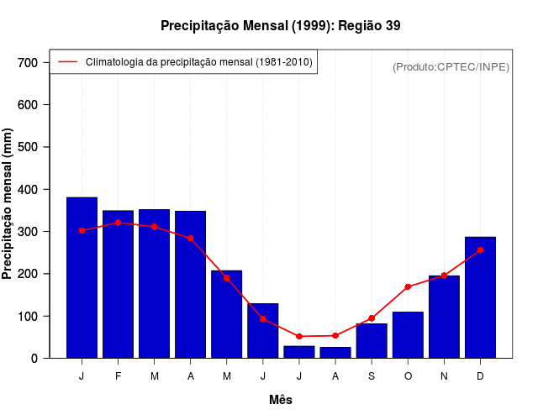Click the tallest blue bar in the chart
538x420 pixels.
click(x=82, y=277)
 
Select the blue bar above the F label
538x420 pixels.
click(x=118, y=284)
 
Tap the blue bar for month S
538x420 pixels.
click(x=372, y=341)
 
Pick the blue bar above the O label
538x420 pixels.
click(x=408, y=335)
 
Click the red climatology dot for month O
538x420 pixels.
click(x=408, y=287)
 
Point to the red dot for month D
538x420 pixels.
click(x=480, y=249)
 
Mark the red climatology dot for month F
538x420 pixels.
click(x=118, y=223)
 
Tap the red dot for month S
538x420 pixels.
click(x=372, y=318)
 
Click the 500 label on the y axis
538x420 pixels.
click(x=28, y=147)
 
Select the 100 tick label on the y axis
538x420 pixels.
click(x=28, y=317)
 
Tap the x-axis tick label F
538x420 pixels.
click(x=118, y=376)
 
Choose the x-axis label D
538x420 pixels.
click(x=480, y=376)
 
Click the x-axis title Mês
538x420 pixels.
click(x=281, y=400)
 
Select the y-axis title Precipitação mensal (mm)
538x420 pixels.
click(x=8, y=204)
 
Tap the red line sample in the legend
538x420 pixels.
click(x=67, y=62)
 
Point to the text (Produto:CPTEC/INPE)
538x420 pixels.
click(x=451, y=66)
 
